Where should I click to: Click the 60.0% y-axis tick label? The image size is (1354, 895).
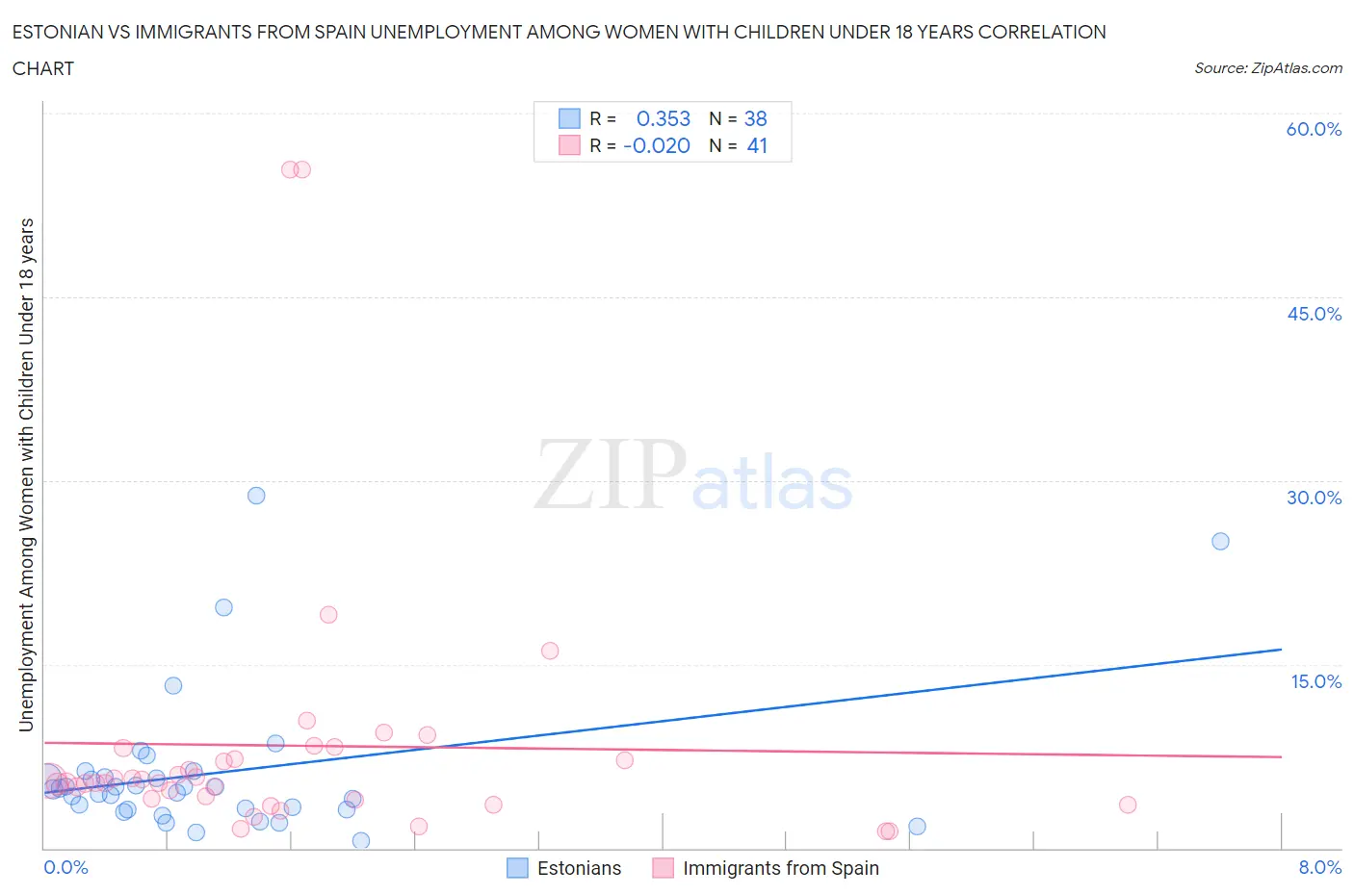[1314, 129]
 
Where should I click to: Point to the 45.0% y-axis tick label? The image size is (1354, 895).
[1314, 314]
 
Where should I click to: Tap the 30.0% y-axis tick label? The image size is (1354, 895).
[1314, 498]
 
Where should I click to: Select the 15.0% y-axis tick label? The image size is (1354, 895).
[1315, 681]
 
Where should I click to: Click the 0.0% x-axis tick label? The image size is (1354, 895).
[65, 867]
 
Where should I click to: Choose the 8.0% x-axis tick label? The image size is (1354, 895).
[1319, 867]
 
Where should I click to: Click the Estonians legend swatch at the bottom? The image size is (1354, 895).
[517, 868]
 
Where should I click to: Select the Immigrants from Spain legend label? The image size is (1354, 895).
[780, 868]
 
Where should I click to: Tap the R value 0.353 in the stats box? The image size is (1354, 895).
[664, 118]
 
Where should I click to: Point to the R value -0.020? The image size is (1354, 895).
[657, 145]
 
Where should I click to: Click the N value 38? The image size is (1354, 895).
[755, 118]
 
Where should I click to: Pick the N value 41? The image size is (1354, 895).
[757, 145]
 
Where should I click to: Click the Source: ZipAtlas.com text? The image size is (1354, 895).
[1267, 67]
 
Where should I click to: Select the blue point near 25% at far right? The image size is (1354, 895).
[1220, 541]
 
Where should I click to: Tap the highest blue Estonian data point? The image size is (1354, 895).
[256, 496]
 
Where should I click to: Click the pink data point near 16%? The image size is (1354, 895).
[550, 651]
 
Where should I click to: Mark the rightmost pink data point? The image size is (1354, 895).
[1128, 805]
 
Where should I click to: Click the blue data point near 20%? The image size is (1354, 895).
[223, 607]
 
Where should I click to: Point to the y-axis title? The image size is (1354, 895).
[26, 474]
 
